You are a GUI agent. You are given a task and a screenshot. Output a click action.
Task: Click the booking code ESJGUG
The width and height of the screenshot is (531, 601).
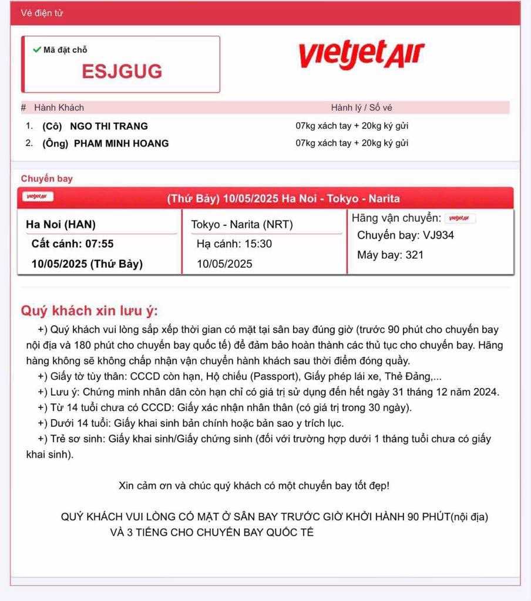(122, 72)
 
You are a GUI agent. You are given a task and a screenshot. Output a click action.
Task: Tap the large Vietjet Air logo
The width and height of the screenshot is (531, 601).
(361, 55)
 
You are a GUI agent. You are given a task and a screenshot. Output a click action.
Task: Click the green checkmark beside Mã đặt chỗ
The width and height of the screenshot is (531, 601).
(37, 50)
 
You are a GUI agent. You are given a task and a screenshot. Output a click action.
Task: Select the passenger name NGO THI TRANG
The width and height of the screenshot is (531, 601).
(109, 126)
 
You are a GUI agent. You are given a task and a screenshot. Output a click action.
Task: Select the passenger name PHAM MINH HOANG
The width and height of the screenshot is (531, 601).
(121, 143)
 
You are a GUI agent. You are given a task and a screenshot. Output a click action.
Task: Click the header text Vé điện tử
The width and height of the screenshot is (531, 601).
(42, 13)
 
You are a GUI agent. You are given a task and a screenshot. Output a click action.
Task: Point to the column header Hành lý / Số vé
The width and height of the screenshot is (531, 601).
(361, 107)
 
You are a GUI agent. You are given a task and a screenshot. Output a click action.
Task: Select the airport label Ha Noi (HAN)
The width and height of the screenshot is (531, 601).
(61, 224)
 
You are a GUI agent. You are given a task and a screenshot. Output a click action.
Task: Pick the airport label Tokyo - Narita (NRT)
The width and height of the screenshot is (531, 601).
(242, 224)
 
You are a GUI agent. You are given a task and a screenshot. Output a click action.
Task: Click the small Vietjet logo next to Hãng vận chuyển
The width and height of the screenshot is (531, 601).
(460, 218)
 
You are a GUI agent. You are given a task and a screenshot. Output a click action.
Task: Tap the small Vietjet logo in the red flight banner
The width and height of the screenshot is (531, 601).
(39, 197)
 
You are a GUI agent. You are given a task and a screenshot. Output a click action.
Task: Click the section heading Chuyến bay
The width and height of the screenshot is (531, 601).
(47, 178)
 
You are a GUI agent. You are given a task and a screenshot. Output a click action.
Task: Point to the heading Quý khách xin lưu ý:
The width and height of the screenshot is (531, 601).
(89, 310)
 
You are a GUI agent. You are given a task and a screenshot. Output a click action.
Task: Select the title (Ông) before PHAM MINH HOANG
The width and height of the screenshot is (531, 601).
(55, 143)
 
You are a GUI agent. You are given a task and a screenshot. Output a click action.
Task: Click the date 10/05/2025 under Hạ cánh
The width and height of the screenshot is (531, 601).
(224, 264)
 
